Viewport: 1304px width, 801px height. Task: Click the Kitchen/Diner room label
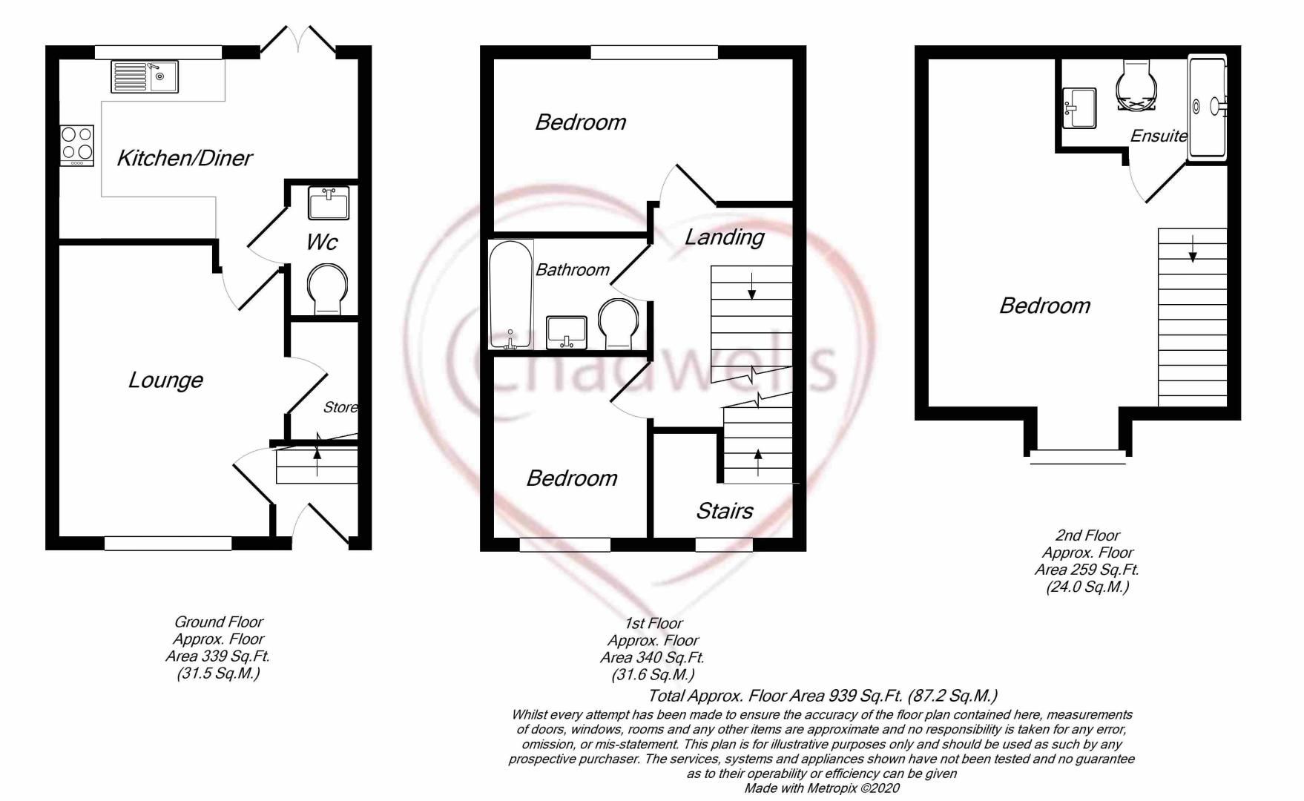coord(185,158)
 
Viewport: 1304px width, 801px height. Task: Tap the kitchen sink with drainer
coord(145,77)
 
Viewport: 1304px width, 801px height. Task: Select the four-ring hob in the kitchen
coord(77,145)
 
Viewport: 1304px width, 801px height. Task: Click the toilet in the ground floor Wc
coord(326,291)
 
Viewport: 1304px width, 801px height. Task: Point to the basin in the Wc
coord(328,203)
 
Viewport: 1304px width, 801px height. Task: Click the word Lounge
coord(165,380)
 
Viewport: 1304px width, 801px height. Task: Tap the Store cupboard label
coord(340,407)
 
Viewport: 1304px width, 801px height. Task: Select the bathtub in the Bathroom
coord(511,294)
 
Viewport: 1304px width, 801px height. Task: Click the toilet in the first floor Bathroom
coord(618,324)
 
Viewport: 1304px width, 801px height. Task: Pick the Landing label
coord(724,237)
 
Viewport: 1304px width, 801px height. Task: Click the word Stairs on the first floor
coord(724,511)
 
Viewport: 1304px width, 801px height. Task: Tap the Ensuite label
coord(1159,136)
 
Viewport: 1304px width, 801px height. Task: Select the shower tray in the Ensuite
coord(1208,108)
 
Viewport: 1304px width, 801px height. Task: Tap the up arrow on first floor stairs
coord(757,462)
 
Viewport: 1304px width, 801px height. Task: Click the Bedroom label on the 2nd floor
coord(1044,306)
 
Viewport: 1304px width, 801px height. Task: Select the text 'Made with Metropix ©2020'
coord(822,788)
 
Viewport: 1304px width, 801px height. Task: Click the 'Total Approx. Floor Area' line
coord(823,696)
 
